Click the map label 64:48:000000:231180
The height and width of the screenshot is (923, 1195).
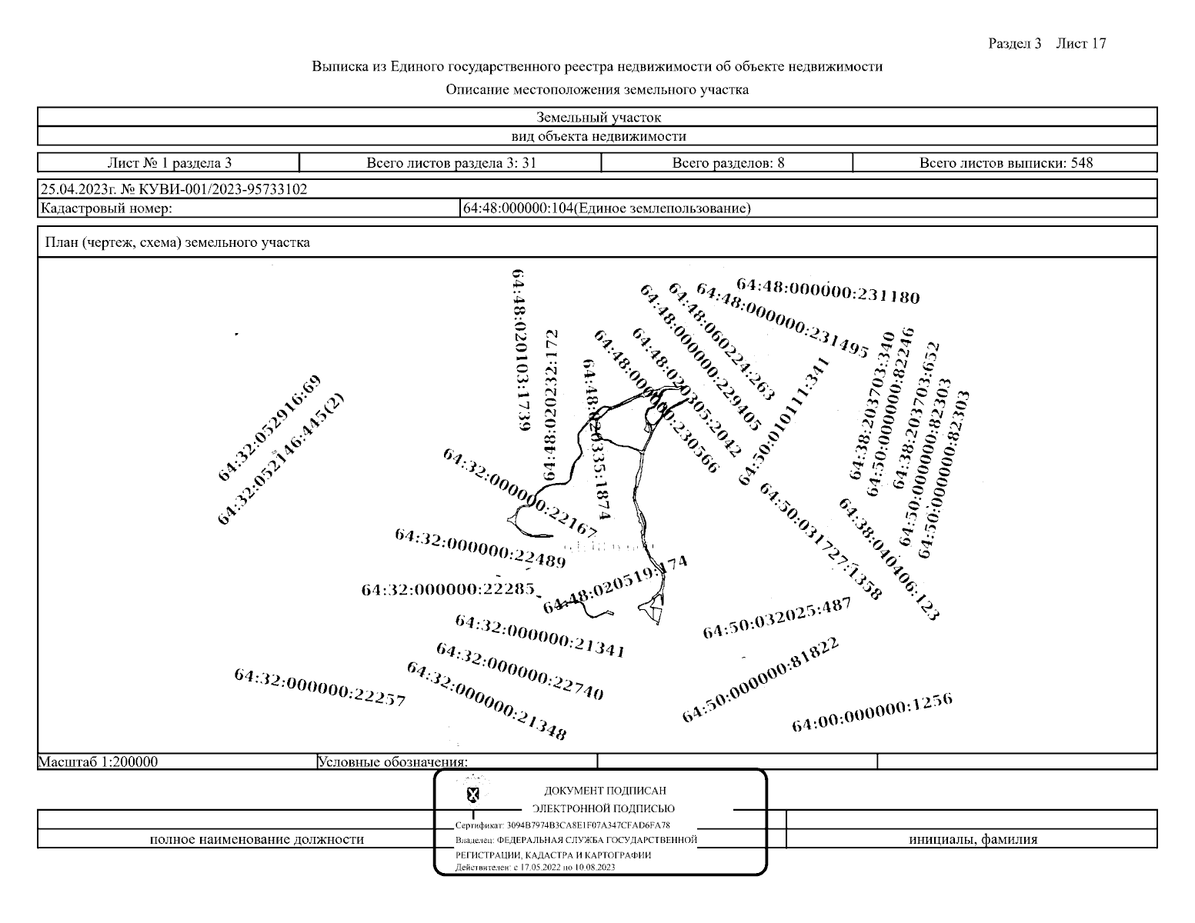(828, 292)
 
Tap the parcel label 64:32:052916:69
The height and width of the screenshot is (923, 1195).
(269, 428)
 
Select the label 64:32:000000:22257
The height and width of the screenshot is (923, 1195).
(319, 688)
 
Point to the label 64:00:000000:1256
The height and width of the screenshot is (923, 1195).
(872, 713)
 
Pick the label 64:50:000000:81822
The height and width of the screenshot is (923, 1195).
(760, 680)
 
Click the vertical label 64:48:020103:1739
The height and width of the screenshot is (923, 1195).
(520, 349)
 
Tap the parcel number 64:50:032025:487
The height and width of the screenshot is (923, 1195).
(777, 618)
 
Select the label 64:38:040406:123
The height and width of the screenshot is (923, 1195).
(889, 559)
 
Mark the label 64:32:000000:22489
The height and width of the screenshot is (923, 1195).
(480, 548)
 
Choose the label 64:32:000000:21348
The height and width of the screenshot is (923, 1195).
(486, 701)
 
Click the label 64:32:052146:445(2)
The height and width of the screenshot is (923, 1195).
(281, 459)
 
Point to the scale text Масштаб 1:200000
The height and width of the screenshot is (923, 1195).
(98, 762)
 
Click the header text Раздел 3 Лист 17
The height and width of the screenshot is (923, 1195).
(1046, 44)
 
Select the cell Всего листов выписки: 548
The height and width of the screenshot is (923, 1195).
(1006, 163)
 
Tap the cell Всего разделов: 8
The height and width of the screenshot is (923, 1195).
(728, 163)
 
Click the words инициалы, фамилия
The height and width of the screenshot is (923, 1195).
(973, 839)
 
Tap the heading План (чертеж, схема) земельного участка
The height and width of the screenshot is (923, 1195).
(178, 243)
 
